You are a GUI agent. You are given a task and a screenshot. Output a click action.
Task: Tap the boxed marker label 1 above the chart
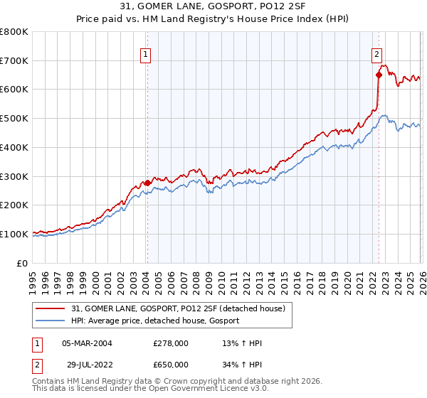(145, 53)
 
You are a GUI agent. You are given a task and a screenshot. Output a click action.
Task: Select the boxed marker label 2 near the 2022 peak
(376, 53)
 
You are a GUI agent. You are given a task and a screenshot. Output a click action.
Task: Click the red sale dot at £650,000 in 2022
(379, 75)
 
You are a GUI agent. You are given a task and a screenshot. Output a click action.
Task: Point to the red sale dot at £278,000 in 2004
(147, 183)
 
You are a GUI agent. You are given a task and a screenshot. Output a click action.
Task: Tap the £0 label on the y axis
(23, 263)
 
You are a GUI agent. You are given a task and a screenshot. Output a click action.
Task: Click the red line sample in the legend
(51, 308)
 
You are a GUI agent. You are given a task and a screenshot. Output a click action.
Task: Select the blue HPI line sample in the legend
(51, 321)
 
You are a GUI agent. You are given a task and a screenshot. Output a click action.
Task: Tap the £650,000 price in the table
(171, 365)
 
